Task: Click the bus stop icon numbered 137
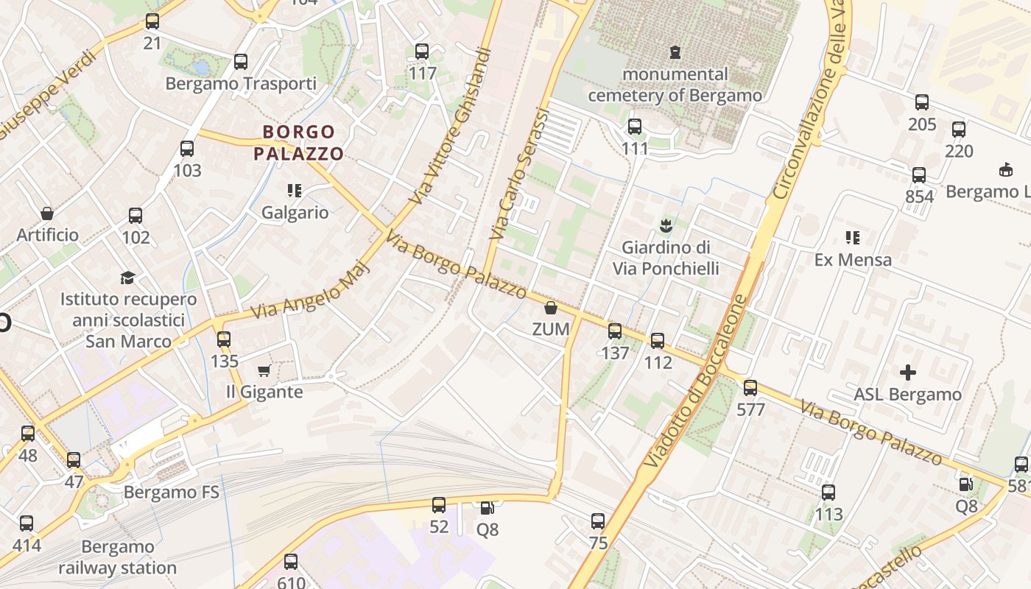[615, 331]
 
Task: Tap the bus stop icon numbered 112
[658, 341]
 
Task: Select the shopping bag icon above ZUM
[551, 308]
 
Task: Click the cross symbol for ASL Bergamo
[908, 372]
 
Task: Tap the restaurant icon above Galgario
[295, 191]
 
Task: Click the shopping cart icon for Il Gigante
[264, 370]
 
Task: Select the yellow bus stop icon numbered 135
[224, 339]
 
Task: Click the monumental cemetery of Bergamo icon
[675, 52]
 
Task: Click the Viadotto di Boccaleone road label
[696, 381]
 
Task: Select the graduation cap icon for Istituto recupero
[128, 278]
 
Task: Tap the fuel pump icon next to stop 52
[487, 508]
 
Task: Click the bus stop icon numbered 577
[750, 388]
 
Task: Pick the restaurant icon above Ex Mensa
[853, 238]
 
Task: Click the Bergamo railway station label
[118, 557]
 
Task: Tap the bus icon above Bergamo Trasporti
[241, 62]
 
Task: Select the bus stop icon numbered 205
[922, 102]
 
